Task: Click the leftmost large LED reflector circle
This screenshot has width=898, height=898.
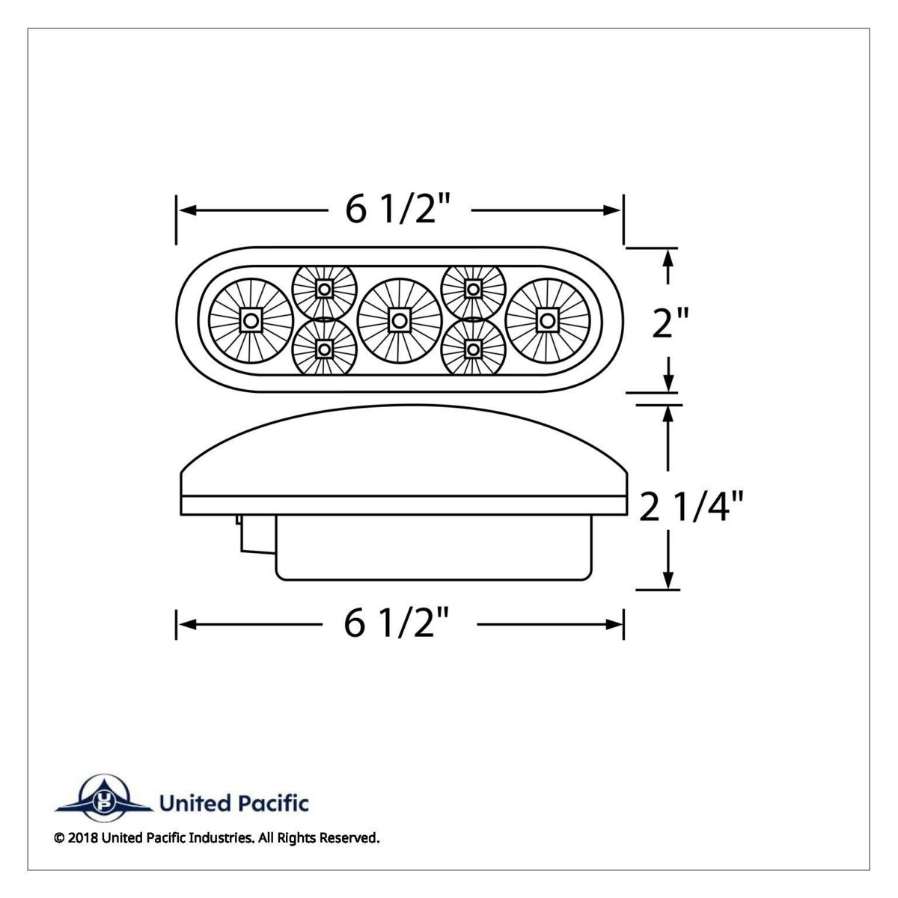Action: click(x=250, y=321)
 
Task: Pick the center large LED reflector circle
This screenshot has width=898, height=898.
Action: click(x=399, y=321)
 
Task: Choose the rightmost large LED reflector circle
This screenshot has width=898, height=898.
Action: click(x=547, y=321)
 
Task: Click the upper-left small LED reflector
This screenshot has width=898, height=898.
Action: click(x=324, y=288)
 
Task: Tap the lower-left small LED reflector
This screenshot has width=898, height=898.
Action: click(x=324, y=349)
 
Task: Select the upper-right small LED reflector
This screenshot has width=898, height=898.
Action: click(x=473, y=288)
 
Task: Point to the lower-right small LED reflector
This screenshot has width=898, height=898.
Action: click(x=473, y=349)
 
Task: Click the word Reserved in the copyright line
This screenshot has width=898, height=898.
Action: click(x=349, y=838)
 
